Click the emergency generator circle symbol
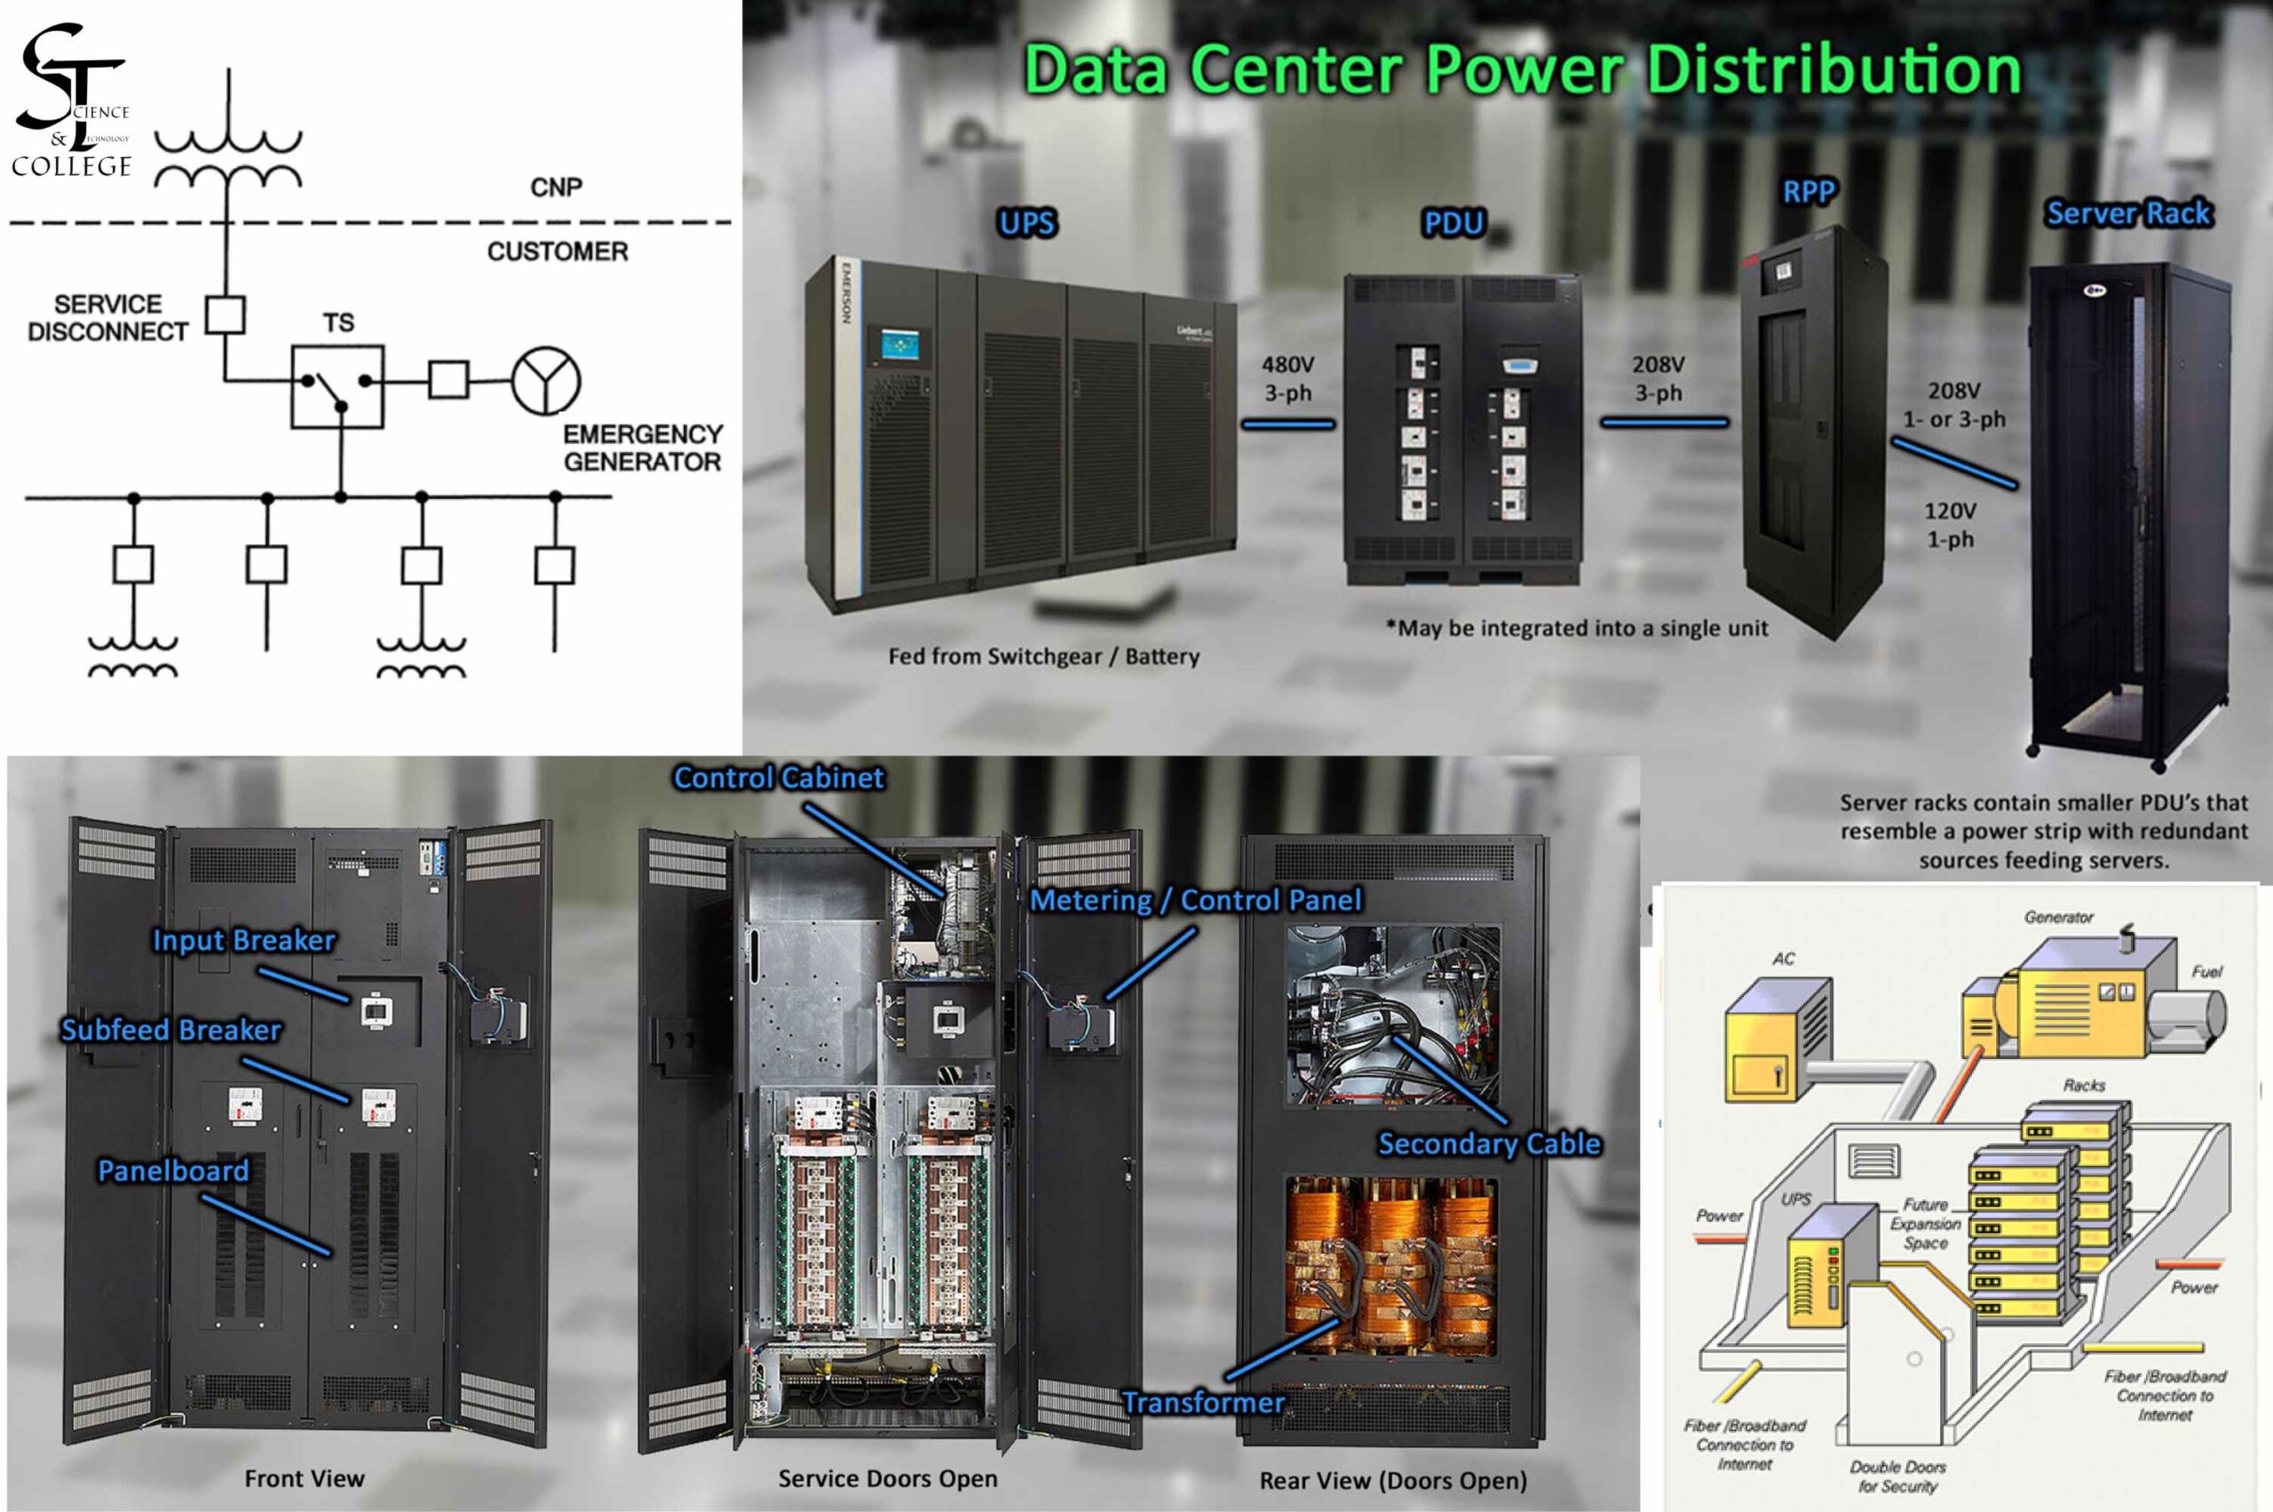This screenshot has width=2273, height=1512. coord(546,381)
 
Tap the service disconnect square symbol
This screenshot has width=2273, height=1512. coord(226,314)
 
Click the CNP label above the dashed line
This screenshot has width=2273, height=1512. coord(557,187)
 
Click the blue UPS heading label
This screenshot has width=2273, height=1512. coord(1027,224)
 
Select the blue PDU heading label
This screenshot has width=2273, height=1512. coord(1453,224)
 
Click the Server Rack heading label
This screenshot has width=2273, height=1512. coord(2127,213)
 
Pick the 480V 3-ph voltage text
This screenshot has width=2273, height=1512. coord(1287,378)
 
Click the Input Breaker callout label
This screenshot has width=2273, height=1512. coord(244,940)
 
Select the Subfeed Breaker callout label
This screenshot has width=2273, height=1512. coord(170,1030)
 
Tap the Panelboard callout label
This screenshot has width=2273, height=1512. coord(174,1171)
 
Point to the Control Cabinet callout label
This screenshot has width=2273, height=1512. coord(779,778)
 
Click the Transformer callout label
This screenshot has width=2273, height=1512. coord(1202,1402)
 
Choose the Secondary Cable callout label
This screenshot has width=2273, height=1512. coord(1489,1144)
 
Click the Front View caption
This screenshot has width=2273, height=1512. coord(305,1478)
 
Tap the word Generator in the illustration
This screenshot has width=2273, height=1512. coord(2058,917)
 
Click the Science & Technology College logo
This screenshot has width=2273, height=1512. coord(72,101)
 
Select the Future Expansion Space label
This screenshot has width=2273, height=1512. coord(1925,1223)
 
